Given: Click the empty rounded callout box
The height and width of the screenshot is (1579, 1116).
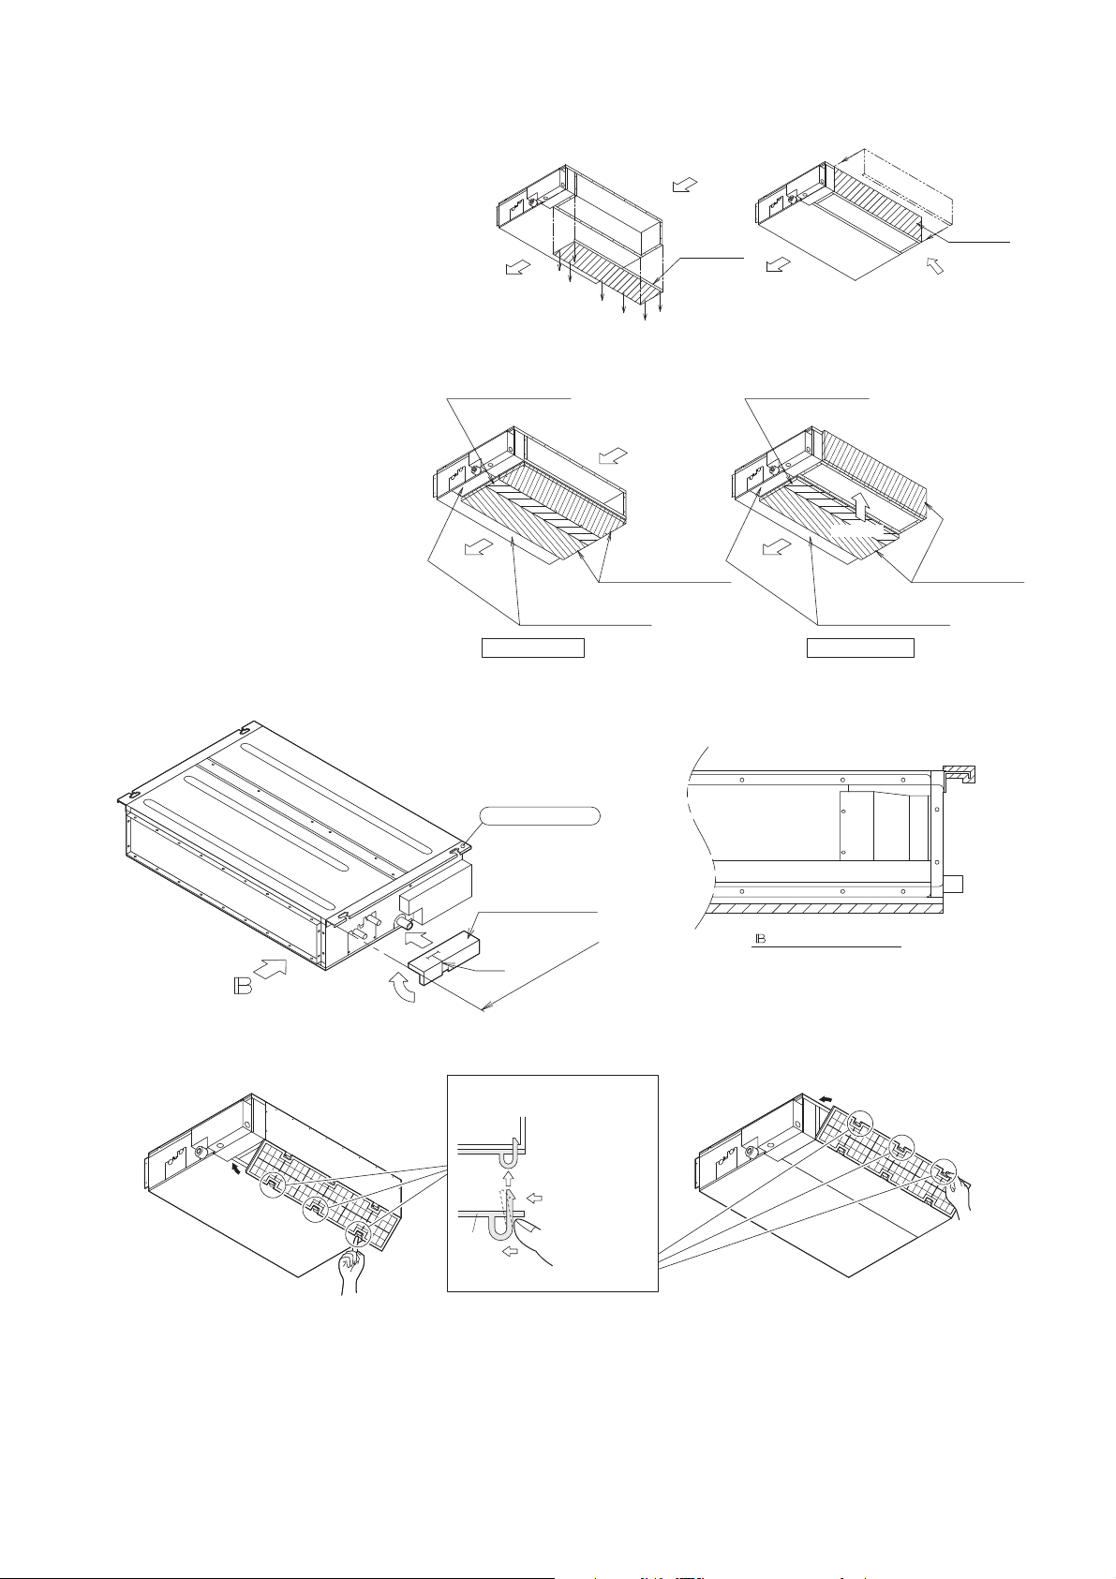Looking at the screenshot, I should coord(539,815).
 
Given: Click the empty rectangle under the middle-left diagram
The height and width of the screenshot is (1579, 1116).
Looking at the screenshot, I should coord(532,648).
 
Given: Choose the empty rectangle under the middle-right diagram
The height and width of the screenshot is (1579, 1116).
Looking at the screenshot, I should coord(860,648).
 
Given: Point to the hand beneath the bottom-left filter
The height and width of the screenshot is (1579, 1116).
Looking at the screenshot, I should coord(355,1272).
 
